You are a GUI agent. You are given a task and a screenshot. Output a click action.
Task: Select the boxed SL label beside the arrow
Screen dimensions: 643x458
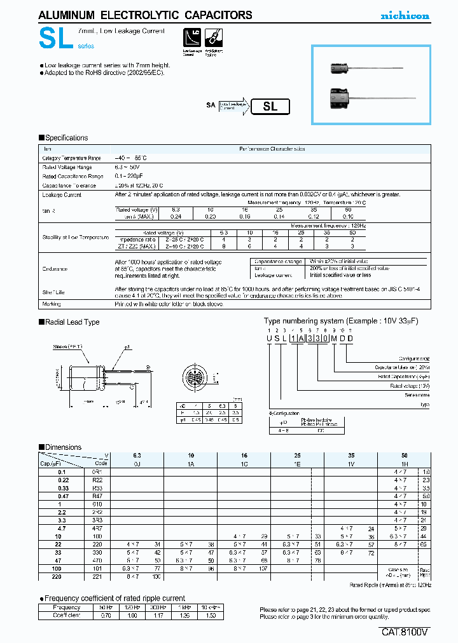(x=270, y=107)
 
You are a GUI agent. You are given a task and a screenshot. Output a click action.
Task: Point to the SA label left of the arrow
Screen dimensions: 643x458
(x=211, y=105)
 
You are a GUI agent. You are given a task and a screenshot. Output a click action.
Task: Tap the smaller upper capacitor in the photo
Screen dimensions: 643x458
(x=340, y=65)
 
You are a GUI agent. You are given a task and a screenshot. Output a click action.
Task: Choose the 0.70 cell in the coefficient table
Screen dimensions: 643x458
(x=106, y=616)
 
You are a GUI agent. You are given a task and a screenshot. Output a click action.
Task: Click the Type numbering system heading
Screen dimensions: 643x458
(x=341, y=321)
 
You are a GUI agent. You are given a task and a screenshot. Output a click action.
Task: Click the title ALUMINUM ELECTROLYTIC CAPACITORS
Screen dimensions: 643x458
(x=146, y=15)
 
